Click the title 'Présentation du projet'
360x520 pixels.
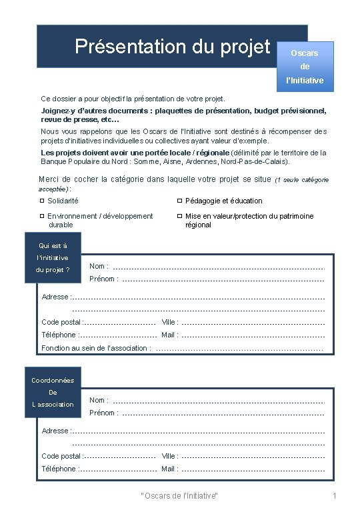click(172, 47)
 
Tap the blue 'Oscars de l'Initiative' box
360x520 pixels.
click(305, 67)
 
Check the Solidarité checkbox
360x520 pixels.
click(42, 201)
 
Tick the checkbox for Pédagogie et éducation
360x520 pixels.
click(179, 201)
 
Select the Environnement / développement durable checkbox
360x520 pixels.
click(42, 216)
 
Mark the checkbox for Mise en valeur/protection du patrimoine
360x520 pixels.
click(179, 216)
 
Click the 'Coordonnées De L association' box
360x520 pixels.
click(53, 393)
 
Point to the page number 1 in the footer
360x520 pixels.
click(335, 496)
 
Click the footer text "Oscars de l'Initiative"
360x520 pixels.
click(180, 496)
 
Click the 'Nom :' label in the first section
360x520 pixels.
click(99, 267)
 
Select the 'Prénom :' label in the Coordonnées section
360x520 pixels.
click(103, 413)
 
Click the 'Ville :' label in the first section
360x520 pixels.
click(170, 322)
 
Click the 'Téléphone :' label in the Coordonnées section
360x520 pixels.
click(59, 469)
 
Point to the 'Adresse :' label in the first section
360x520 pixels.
click(56, 297)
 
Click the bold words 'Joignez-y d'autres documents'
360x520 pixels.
click(88, 111)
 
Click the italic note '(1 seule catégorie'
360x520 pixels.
click(301, 180)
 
